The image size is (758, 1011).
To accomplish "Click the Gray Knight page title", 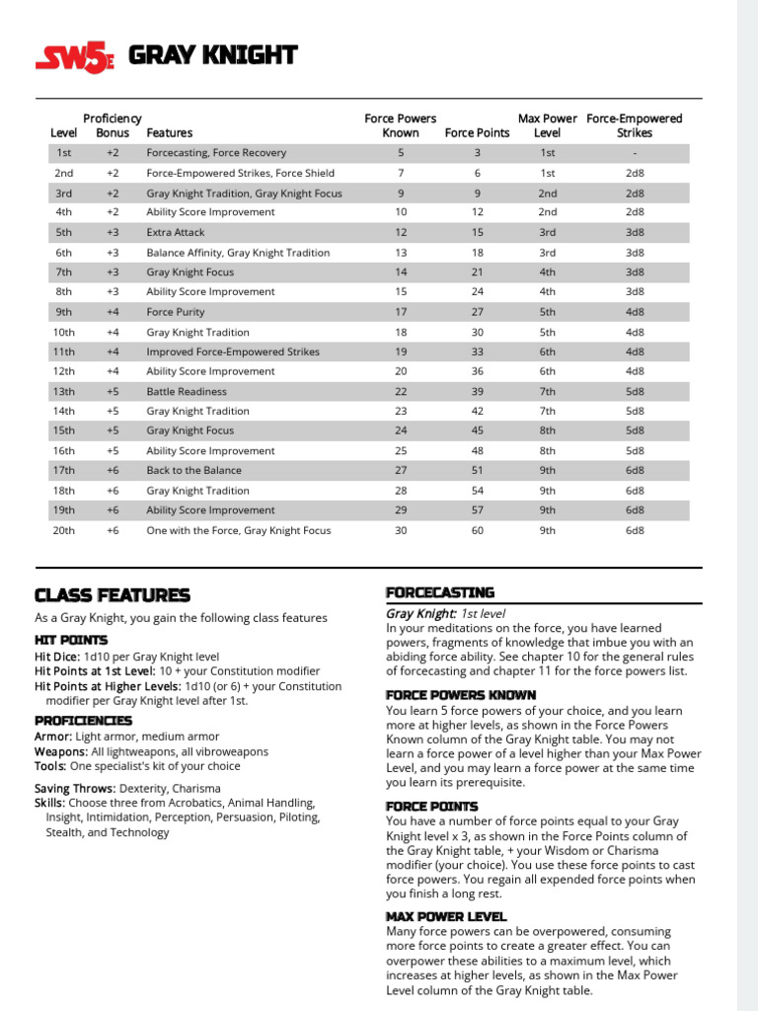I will tap(212, 55).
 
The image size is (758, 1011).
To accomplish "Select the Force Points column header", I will tap(477, 132).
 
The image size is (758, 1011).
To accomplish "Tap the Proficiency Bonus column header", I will tap(112, 125).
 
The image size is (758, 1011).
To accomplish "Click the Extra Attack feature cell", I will tap(176, 232).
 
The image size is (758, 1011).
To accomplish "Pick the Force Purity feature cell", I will tap(176, 312).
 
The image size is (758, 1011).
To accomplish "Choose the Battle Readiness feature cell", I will tap(187, 391).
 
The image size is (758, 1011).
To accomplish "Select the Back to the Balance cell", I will tap(193, 470).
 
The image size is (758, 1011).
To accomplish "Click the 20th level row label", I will tap(63, 530).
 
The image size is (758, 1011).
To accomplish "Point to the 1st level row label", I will tap(63, 153).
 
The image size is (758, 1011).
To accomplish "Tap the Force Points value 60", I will tap(477, 530).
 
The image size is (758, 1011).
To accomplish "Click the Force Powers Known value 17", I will tap(401, 312).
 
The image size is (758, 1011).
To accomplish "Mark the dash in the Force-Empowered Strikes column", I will tap(635, 153).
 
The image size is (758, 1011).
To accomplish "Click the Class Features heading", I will tap(112, 595).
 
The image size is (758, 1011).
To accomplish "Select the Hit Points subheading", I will tap(71, 640).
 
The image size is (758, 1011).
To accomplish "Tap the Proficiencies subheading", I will tap(83, 720).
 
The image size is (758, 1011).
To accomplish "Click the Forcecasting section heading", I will tap(439, 592).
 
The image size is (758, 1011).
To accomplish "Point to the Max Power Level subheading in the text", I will tap(446, 916).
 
